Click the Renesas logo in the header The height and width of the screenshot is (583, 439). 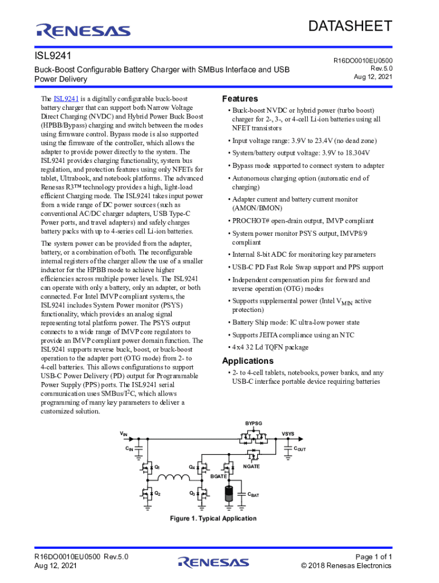(x=83, y=30)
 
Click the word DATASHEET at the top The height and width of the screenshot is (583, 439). (x=350, y=26)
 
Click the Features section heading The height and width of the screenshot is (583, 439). (x=239, y=98)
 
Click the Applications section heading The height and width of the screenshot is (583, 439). (x=247, y=361)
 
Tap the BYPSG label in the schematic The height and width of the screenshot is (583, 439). (x=254, y=424)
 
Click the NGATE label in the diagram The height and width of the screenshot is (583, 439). (x=251, y=466)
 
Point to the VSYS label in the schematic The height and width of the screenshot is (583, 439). (x=288, y=434)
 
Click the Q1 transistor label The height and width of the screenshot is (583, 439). (x=157, y=467)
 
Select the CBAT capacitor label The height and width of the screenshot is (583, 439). (x=253, y=495)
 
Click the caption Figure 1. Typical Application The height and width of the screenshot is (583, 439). (x=213, y=519)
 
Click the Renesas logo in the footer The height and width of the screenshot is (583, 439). (x=213, y=562)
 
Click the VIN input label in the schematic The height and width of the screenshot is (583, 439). (x=124, y=434)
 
